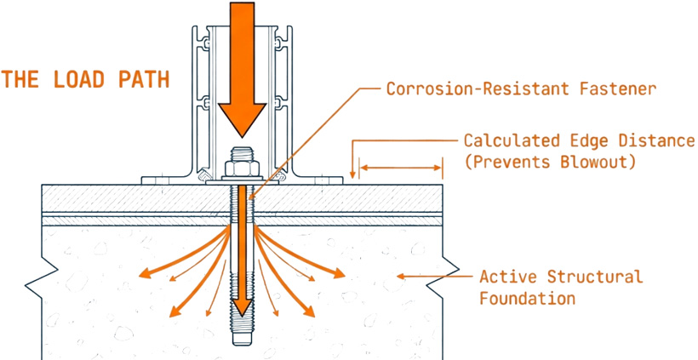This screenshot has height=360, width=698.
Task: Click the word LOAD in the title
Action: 82,80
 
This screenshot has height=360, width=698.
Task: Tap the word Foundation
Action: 527,299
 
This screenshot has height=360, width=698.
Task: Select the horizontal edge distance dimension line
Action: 400,168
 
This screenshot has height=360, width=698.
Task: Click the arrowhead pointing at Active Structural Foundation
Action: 403,276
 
